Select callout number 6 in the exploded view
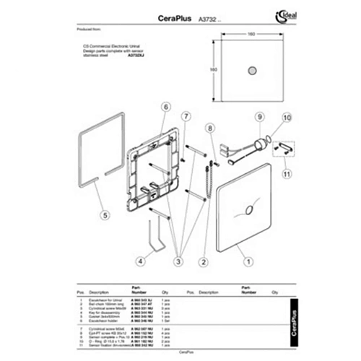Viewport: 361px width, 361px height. pyautogui.click(x=165, y=108)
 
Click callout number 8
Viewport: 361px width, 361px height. pyautogui.click(x=210, y=128)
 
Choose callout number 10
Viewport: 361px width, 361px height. pyautogui.click(x=285, y=116)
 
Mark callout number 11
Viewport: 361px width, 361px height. pyautogui.click(x=287, y=173)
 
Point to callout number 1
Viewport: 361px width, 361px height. pyautogui.click(x=247, y=263)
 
